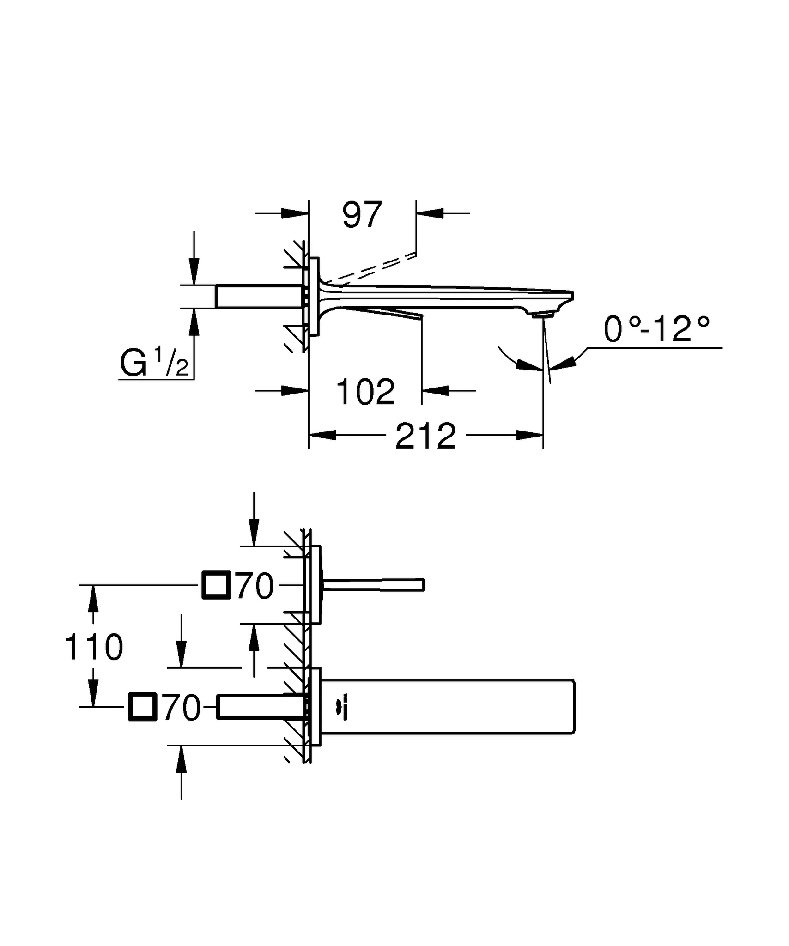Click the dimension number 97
363,215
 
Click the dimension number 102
365,391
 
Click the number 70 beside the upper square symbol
255,586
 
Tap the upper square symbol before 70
216,585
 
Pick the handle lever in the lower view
373,585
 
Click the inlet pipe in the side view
260,297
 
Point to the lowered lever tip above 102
421,316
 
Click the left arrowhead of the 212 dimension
322,435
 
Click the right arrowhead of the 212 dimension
529,435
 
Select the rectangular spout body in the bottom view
448,707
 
